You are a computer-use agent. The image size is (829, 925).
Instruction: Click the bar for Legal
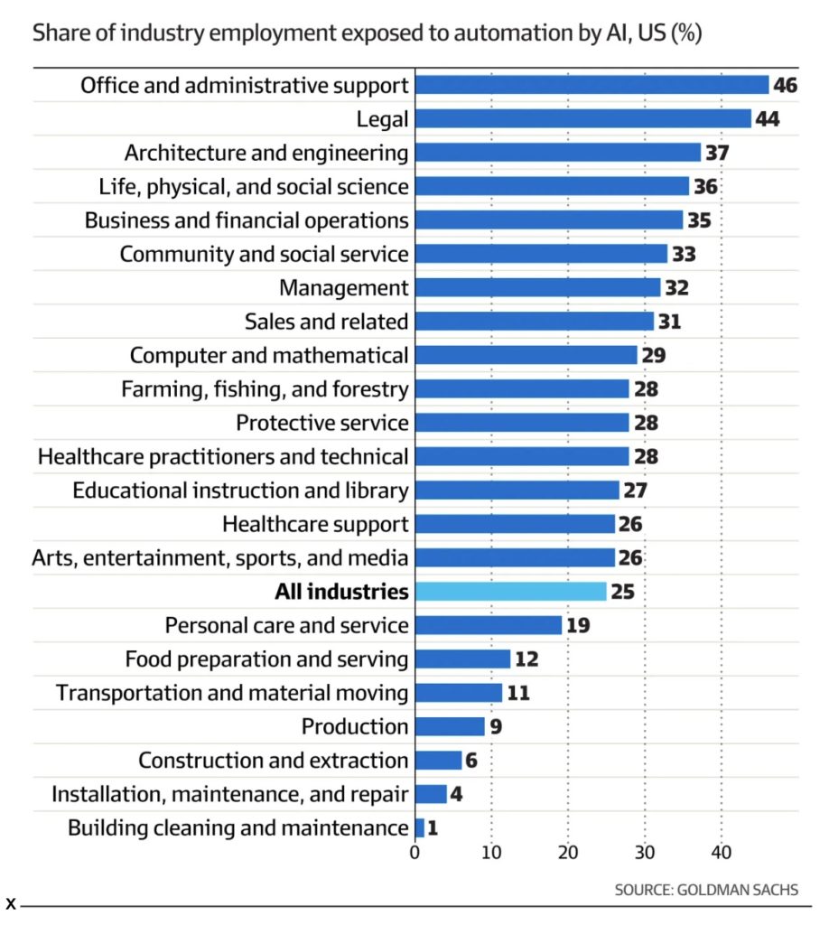[x=583, y=118]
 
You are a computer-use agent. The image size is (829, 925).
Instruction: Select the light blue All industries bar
[x=511, y=592]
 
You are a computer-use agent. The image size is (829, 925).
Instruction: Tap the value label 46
[x=786, y=85]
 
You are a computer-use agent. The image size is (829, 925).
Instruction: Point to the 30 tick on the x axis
[x=645, y=852]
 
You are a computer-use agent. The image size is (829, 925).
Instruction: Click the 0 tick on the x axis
[x=415, y=852]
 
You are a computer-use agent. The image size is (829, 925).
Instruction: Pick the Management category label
[x=343, y=288]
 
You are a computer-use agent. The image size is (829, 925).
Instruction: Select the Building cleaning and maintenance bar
[x=420, y=827]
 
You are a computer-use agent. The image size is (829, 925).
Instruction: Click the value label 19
[x=579, y=625]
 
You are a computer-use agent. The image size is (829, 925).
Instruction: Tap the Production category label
[x=355, y=726]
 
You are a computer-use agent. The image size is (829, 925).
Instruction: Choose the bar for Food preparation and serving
[x=463, y=659]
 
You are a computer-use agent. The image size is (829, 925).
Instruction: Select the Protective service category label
[x=322, y=423]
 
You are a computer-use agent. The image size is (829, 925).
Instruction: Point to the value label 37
[x=717, y=153]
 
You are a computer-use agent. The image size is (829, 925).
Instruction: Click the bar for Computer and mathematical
[x=526, y=355]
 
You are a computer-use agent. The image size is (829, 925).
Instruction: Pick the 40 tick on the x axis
[x=721, y=852]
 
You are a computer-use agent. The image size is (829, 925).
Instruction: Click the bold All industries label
[x=341, y=592]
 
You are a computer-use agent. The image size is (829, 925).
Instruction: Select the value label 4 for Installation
[x=458, y=794]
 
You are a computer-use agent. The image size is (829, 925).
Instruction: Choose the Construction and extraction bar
[x=439, y=761]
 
